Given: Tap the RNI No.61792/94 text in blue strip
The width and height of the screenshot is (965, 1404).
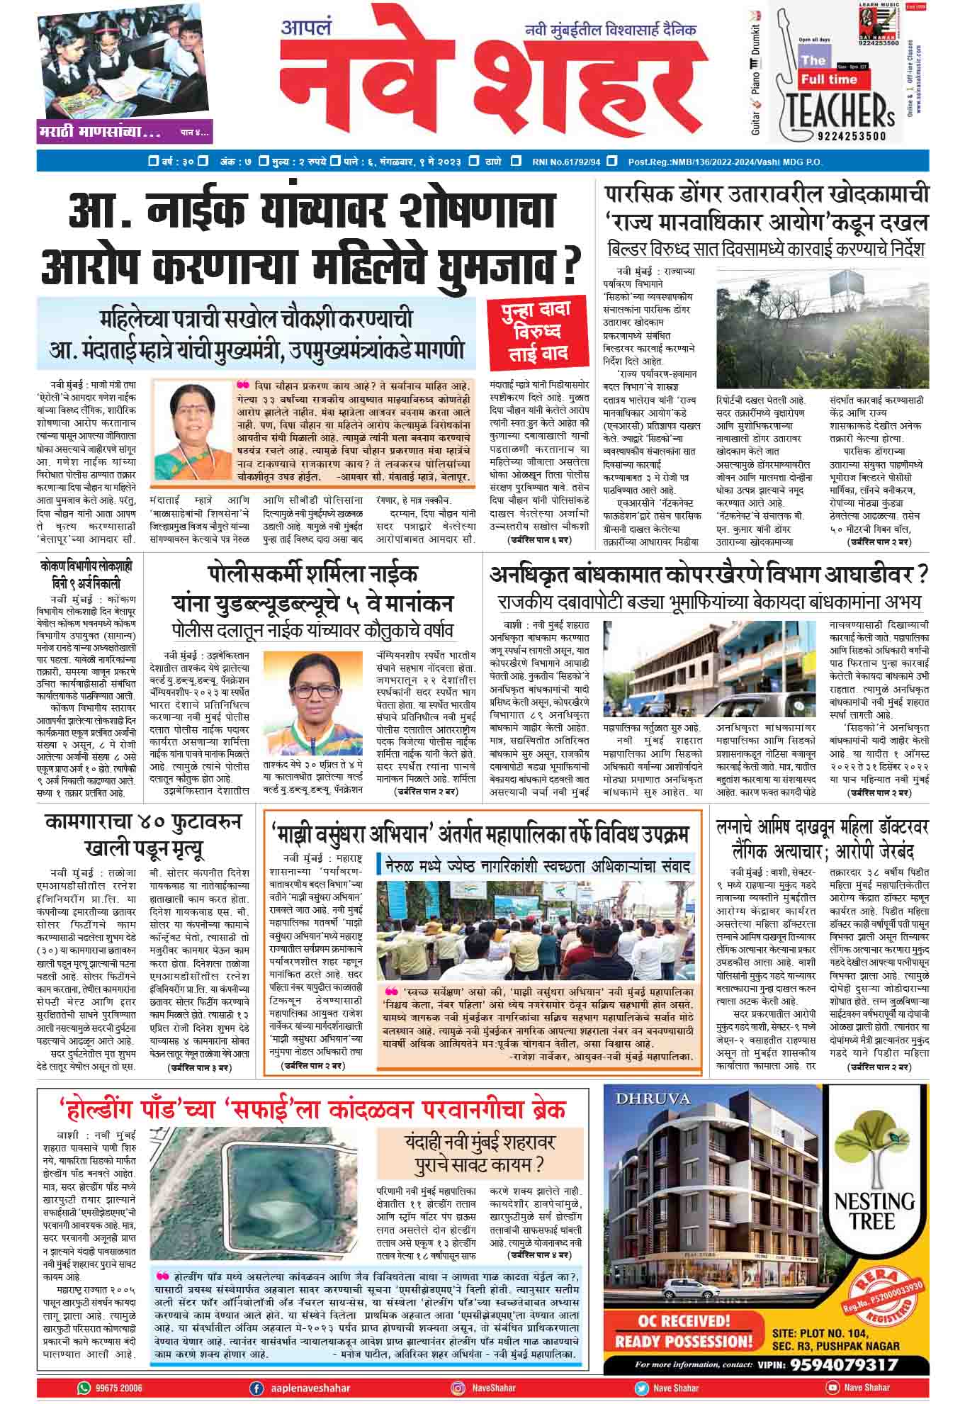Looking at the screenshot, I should click(566, 162).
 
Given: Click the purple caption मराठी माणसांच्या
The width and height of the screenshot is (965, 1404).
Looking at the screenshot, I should click(100, 132).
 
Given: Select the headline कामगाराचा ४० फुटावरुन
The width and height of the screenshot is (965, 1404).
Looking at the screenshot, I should click(142, 823).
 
